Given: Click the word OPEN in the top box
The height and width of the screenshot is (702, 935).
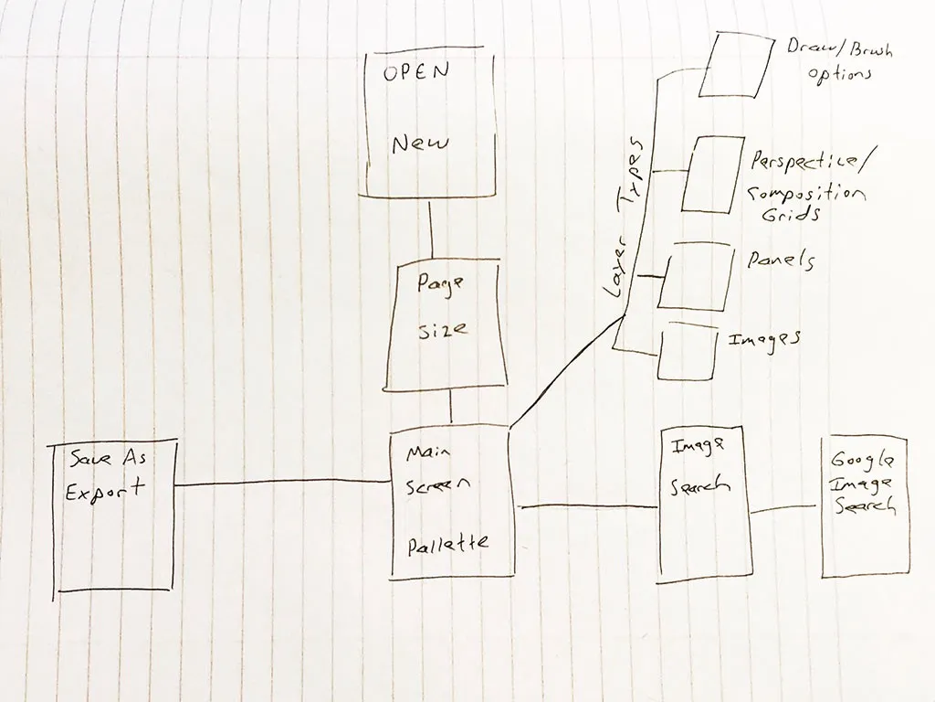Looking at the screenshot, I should click(x=415, y=74).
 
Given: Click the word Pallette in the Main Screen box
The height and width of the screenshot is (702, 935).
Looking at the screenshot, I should click(x=447, y=543).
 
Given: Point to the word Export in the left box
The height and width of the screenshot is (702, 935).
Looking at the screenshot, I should click(x=106, y=488).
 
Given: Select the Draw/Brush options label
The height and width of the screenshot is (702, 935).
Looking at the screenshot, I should click(x=838, y=59).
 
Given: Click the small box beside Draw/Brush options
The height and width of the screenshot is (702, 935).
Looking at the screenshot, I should click(x=736, y=63).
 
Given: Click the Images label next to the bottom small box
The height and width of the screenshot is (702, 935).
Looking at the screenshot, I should click(x=764, y=339).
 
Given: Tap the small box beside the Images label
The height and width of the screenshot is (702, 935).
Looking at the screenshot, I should click(x=687, y=352).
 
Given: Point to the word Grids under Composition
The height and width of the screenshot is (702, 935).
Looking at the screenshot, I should click(x=791, y=215).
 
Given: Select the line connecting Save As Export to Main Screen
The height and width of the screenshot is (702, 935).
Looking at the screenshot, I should click(x=283, y=483).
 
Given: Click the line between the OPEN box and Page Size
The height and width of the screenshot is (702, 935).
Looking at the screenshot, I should click(x=430, y=229).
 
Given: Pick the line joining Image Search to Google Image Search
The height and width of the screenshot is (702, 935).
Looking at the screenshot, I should click(x=787, y=509).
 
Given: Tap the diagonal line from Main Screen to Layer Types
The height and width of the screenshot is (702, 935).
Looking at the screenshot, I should click(x=566, y=370).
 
